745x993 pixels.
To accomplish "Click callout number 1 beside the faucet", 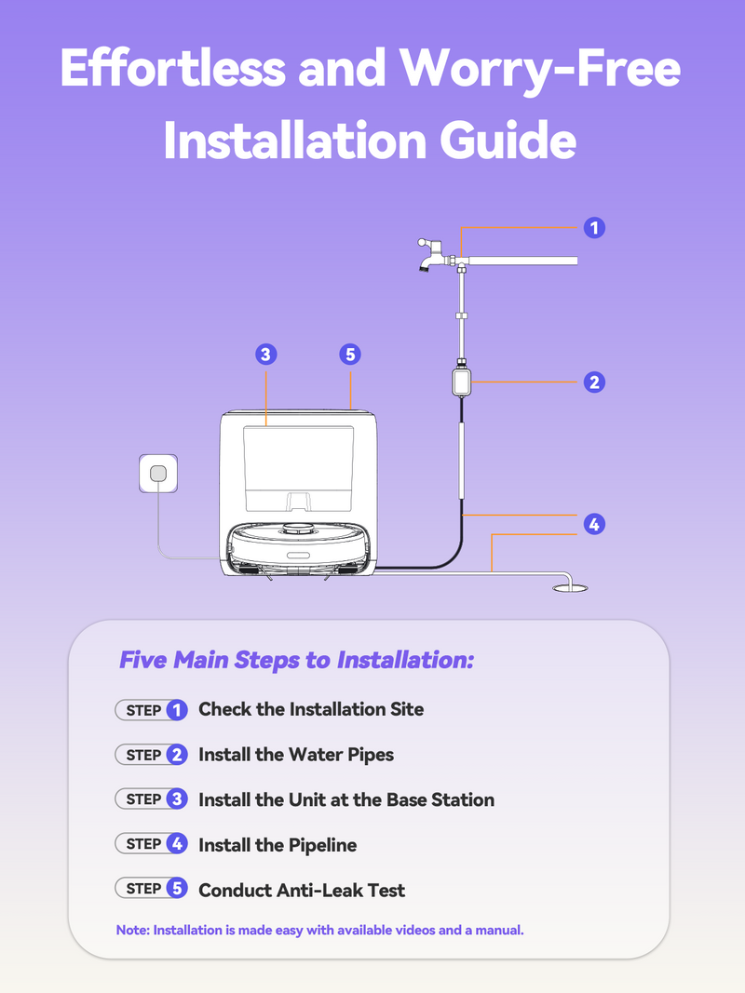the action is click(x=594, y=228).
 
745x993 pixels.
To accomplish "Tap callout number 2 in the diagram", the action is click(x=594, y=382).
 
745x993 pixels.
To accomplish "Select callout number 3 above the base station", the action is click(x=266, y=355).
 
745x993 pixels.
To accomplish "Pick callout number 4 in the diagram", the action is click(x=594, y=524).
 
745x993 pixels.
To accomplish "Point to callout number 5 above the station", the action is click(x=350, y=355).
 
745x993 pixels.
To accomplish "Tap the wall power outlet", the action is click(x=158, y=473).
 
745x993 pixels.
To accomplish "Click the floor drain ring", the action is click(x=570, y=588).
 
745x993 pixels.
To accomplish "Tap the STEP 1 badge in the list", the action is click(x=152, y=710).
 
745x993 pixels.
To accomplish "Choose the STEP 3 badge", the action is click(x=152, y=799).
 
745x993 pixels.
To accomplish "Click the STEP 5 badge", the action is click(x=152, y=889).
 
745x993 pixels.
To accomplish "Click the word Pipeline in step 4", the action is click(x=322, y=845).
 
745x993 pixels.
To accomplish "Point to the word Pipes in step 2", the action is click(x=371, y=756).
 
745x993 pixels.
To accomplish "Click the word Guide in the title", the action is click(x=508, y=140).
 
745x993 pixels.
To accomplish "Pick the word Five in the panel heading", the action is click(x=143, y=660).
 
